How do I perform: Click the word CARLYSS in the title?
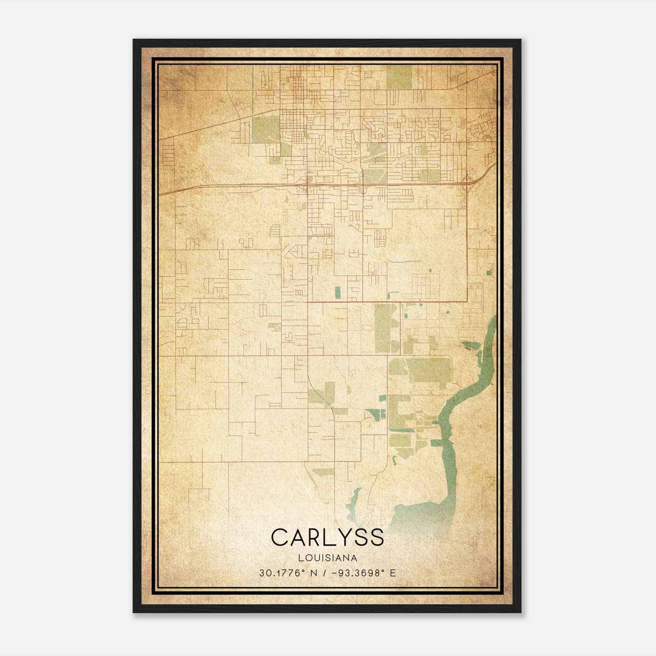point(327,537)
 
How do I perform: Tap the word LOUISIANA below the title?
point(328,558)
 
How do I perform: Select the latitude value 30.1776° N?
point(286,573)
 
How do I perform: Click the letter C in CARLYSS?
point(280,537)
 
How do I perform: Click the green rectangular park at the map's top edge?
point(399,77)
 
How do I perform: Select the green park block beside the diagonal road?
point(266,128)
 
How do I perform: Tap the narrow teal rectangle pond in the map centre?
point(337,292)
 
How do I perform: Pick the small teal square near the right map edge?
point(489,271)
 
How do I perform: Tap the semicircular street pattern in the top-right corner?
point(484,131)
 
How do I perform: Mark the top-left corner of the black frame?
point(134,40)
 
